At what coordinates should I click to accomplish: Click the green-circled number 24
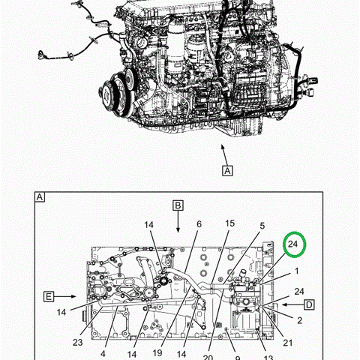click(x=292, y=244)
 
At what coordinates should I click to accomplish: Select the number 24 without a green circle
click(x=299, y=292)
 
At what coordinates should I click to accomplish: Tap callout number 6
click(x=199, y=224)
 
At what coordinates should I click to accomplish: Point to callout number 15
click(x=229, y=223)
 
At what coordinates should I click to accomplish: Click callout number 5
click(x=262, y=226)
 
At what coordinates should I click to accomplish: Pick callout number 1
click(x=297, y=271)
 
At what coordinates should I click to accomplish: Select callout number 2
click(x=299, y=320)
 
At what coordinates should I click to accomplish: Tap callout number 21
click(x=287, y=343)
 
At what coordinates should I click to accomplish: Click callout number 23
click(x=77, y=342)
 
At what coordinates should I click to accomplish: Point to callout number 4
click(x=103, y=354)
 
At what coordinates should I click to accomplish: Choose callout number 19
click(x=157, y=352)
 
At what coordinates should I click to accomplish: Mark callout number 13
click(x=268, y=358)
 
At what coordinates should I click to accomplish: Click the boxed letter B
click(x=178, y=205)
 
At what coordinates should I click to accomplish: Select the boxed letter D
click(x=309, y=305)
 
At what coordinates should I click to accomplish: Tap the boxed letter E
click(x=49, y=297)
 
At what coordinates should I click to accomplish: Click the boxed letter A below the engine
click(x=227, y=171)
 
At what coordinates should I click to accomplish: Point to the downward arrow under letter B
click(x=178, y=221)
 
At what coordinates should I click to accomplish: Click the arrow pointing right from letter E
click(x=64, y=297)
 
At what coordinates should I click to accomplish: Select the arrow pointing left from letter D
click(x=293, y=304)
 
